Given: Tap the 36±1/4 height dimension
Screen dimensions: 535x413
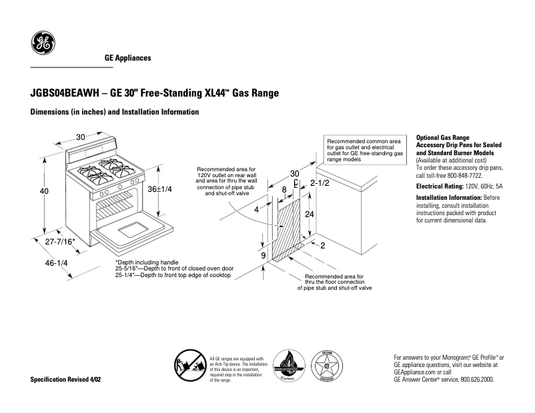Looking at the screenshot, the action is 159,189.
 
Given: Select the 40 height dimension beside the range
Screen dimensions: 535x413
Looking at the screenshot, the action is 44,191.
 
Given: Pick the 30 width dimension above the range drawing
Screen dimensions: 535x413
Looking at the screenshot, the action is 81,137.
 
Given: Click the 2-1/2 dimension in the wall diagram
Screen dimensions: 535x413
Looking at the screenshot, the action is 320,183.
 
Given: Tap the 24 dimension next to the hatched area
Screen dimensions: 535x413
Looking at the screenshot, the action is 309,214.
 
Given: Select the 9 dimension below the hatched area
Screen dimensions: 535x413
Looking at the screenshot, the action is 263,256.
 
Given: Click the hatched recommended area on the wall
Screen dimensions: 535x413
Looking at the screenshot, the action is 289,230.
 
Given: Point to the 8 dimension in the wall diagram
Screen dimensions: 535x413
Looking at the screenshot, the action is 284,190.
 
